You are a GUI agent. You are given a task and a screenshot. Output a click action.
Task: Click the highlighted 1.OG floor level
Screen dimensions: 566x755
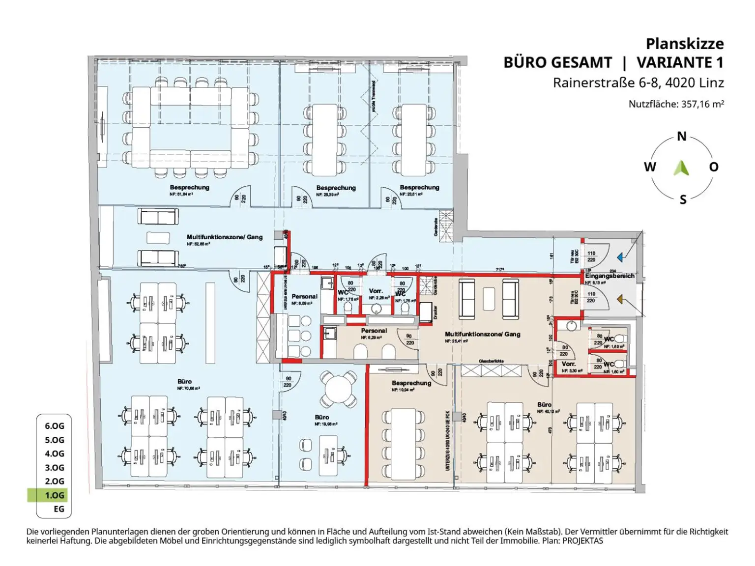tap(54, 495)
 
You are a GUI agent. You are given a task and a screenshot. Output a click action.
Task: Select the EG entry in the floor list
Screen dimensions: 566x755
tap(58, 509)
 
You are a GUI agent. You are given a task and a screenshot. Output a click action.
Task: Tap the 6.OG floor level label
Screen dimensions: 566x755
tap(54, 426)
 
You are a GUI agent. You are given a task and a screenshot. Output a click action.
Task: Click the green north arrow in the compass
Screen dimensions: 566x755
tap(681, 168)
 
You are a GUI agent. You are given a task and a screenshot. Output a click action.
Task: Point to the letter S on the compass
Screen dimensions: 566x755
tap(683, 199)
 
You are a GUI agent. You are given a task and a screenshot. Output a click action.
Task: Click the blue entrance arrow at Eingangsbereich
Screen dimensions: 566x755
tap(620, 257)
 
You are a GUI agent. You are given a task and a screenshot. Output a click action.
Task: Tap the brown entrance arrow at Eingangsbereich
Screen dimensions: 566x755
tap(620, 299)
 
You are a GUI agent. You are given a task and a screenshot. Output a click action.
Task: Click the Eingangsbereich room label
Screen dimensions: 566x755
tap(610, 276)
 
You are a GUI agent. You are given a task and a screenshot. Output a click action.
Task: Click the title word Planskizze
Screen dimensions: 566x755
tap(684, 44)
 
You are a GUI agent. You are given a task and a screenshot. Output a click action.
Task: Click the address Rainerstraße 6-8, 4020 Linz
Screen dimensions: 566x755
tap(638, 83)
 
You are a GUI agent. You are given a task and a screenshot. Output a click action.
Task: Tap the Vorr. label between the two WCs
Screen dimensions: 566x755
tap(376, 291)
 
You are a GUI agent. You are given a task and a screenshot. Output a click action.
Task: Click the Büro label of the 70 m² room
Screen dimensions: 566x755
tap(184, 381)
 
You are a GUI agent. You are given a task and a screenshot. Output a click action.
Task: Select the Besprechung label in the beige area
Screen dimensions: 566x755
tap(411, 383)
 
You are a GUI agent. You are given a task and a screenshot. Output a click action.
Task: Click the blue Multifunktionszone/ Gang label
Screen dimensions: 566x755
tap(224, 237)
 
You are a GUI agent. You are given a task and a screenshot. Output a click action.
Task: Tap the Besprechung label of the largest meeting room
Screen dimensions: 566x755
tap(189, 187)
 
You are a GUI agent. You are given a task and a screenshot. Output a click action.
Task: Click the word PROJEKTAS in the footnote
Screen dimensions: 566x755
tap(582, 541)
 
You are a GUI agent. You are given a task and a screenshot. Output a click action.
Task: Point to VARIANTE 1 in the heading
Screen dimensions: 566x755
tap(680, 63)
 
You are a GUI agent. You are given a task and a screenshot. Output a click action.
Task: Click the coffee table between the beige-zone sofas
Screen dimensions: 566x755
tap(488, 299)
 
